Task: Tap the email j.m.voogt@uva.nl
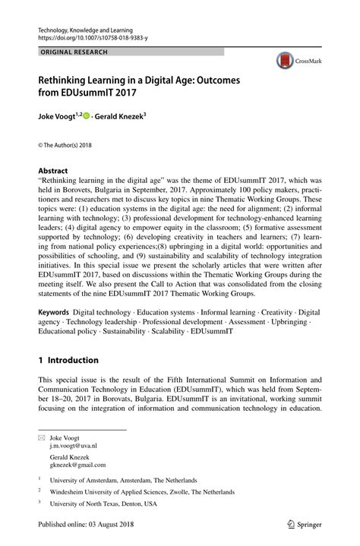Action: [74, 447]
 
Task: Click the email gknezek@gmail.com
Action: [77, 466]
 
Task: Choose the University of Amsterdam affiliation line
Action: [123, 480]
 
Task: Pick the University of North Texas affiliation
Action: [103, 503]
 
